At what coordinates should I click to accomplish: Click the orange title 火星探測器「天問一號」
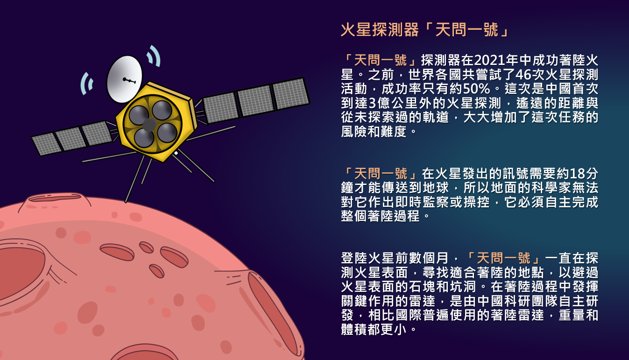point(424,30)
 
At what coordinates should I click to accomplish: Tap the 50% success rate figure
point(476,89)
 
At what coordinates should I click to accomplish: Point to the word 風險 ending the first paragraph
point(354,131)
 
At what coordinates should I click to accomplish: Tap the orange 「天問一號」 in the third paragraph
point(503,258)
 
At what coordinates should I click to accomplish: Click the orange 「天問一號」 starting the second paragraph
point(380,174)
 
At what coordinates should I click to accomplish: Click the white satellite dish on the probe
point(124,79)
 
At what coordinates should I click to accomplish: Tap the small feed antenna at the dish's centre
point(129,81)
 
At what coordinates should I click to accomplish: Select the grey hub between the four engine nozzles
point(149,125)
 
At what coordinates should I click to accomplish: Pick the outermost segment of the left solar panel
point(46,144)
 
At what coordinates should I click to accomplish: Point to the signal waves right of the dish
point(154,56)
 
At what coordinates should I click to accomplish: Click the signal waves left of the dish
point(87,84)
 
